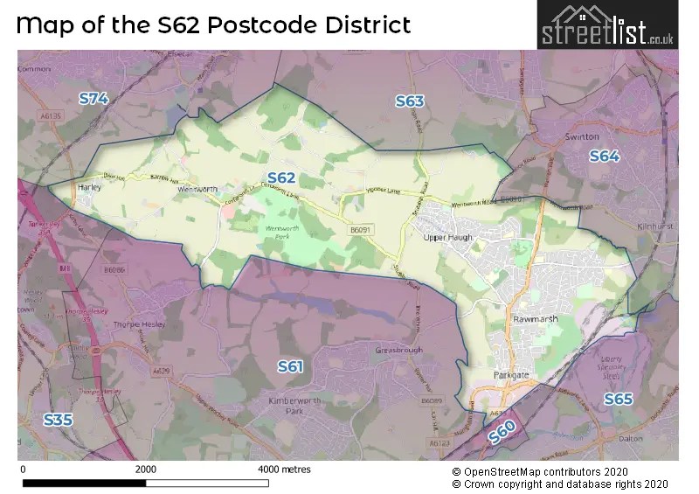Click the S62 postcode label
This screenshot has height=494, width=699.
coord(281,177)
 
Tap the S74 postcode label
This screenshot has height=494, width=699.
coord(93,99)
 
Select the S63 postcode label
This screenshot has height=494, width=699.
coord(409,101)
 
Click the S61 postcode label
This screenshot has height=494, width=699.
coord(290,365)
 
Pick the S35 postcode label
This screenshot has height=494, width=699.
coord(58,420)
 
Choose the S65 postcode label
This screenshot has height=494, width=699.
coord(618,399)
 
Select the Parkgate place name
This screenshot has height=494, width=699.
coord(509,374)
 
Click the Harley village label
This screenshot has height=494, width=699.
coord(89,187)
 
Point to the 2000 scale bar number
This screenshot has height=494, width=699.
coord(146,470)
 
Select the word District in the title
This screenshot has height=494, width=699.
coord(360,24)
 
